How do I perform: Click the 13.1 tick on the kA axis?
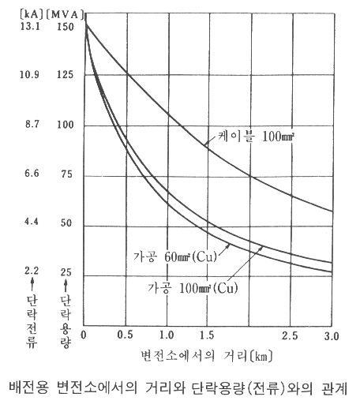click(x=30, y=26)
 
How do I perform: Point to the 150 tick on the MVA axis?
click(x=66, y=27)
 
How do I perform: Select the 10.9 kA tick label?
click(x=29, y=74)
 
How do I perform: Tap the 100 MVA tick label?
click(x=66, y=125)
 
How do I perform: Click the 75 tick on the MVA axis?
click(x=66, y=174)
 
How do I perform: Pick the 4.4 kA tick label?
click(x=32, y=222)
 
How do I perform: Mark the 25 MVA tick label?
click(x=66, y=272)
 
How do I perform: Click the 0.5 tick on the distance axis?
click(x=126, y=335)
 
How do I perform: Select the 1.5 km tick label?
click(x=207, y=335)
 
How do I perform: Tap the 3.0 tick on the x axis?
click(x=332, y=336)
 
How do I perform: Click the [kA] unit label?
click(x=32, y=14)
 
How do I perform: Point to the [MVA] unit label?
click(x=65, y=14)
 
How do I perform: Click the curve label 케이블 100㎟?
click(x=256, y=137)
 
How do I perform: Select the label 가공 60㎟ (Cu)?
click(x=175, y=256)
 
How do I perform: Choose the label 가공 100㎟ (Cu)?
click(x=193, y=288)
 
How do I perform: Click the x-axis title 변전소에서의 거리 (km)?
click(x=207, y=356)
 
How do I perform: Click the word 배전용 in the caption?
click(x=28, y=387)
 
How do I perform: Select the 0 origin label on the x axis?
click(x=84, y=335)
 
